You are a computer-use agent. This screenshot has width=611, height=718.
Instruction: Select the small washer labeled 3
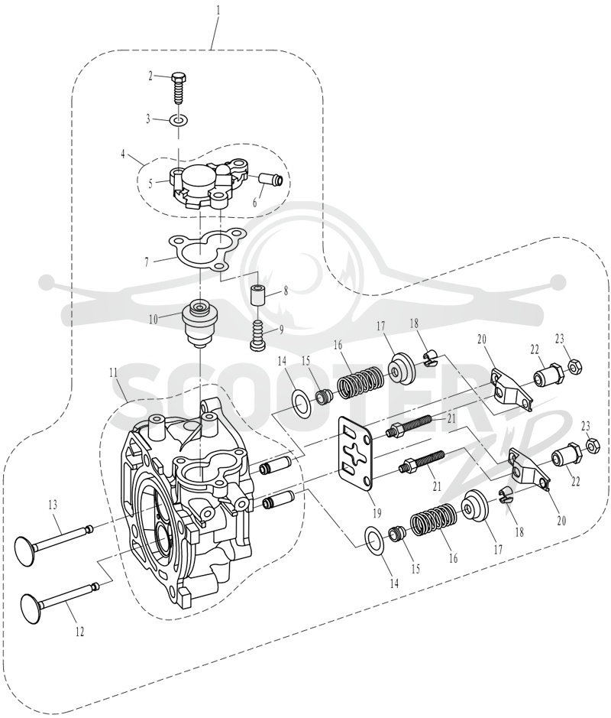pos(179,121)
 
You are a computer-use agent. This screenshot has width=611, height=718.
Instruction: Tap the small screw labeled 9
pos(259,336)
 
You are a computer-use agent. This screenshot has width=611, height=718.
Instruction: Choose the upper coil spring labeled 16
pos(360,383)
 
